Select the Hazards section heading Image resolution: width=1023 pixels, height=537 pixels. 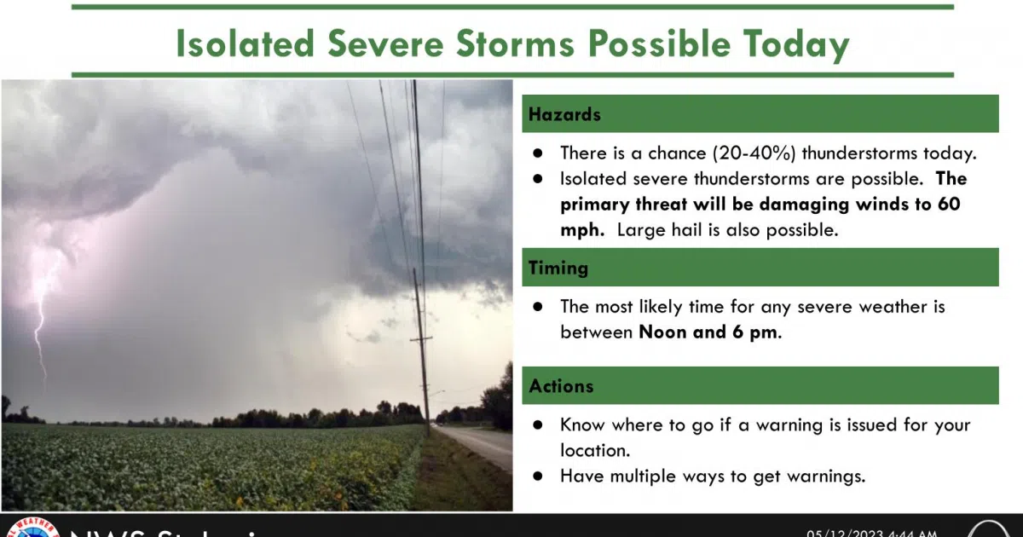coord(564,114)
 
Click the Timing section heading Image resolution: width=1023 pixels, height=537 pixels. coord(558,268)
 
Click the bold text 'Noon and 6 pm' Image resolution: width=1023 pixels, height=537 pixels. coord(708,332)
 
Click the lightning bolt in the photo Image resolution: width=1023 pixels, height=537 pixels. coord(38,315)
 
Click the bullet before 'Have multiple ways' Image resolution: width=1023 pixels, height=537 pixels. coord(537,476)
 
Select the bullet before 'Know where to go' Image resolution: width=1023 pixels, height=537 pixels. coord(537,424)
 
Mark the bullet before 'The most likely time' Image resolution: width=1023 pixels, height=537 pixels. coord(537,307)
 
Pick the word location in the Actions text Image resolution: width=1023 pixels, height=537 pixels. coord(594,449)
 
